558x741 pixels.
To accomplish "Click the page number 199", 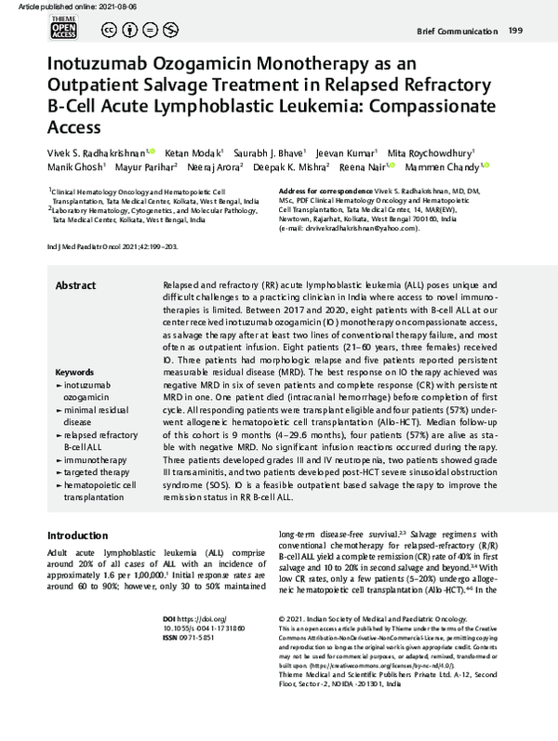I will click(x=515, y=33).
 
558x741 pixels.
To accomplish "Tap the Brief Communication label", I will click(x=456, y=33).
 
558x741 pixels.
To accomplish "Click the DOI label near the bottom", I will click(x=194, y=618).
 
